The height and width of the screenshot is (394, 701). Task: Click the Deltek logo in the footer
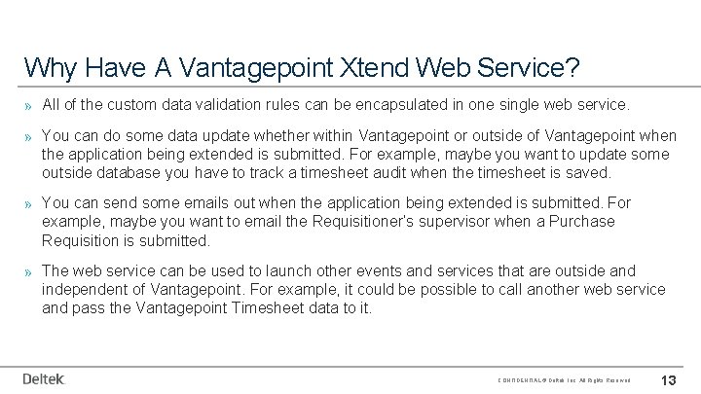tap(43, 378)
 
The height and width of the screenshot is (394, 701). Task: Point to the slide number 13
tap(669, 378)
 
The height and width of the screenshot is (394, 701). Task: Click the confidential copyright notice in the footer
tap(564, 379)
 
